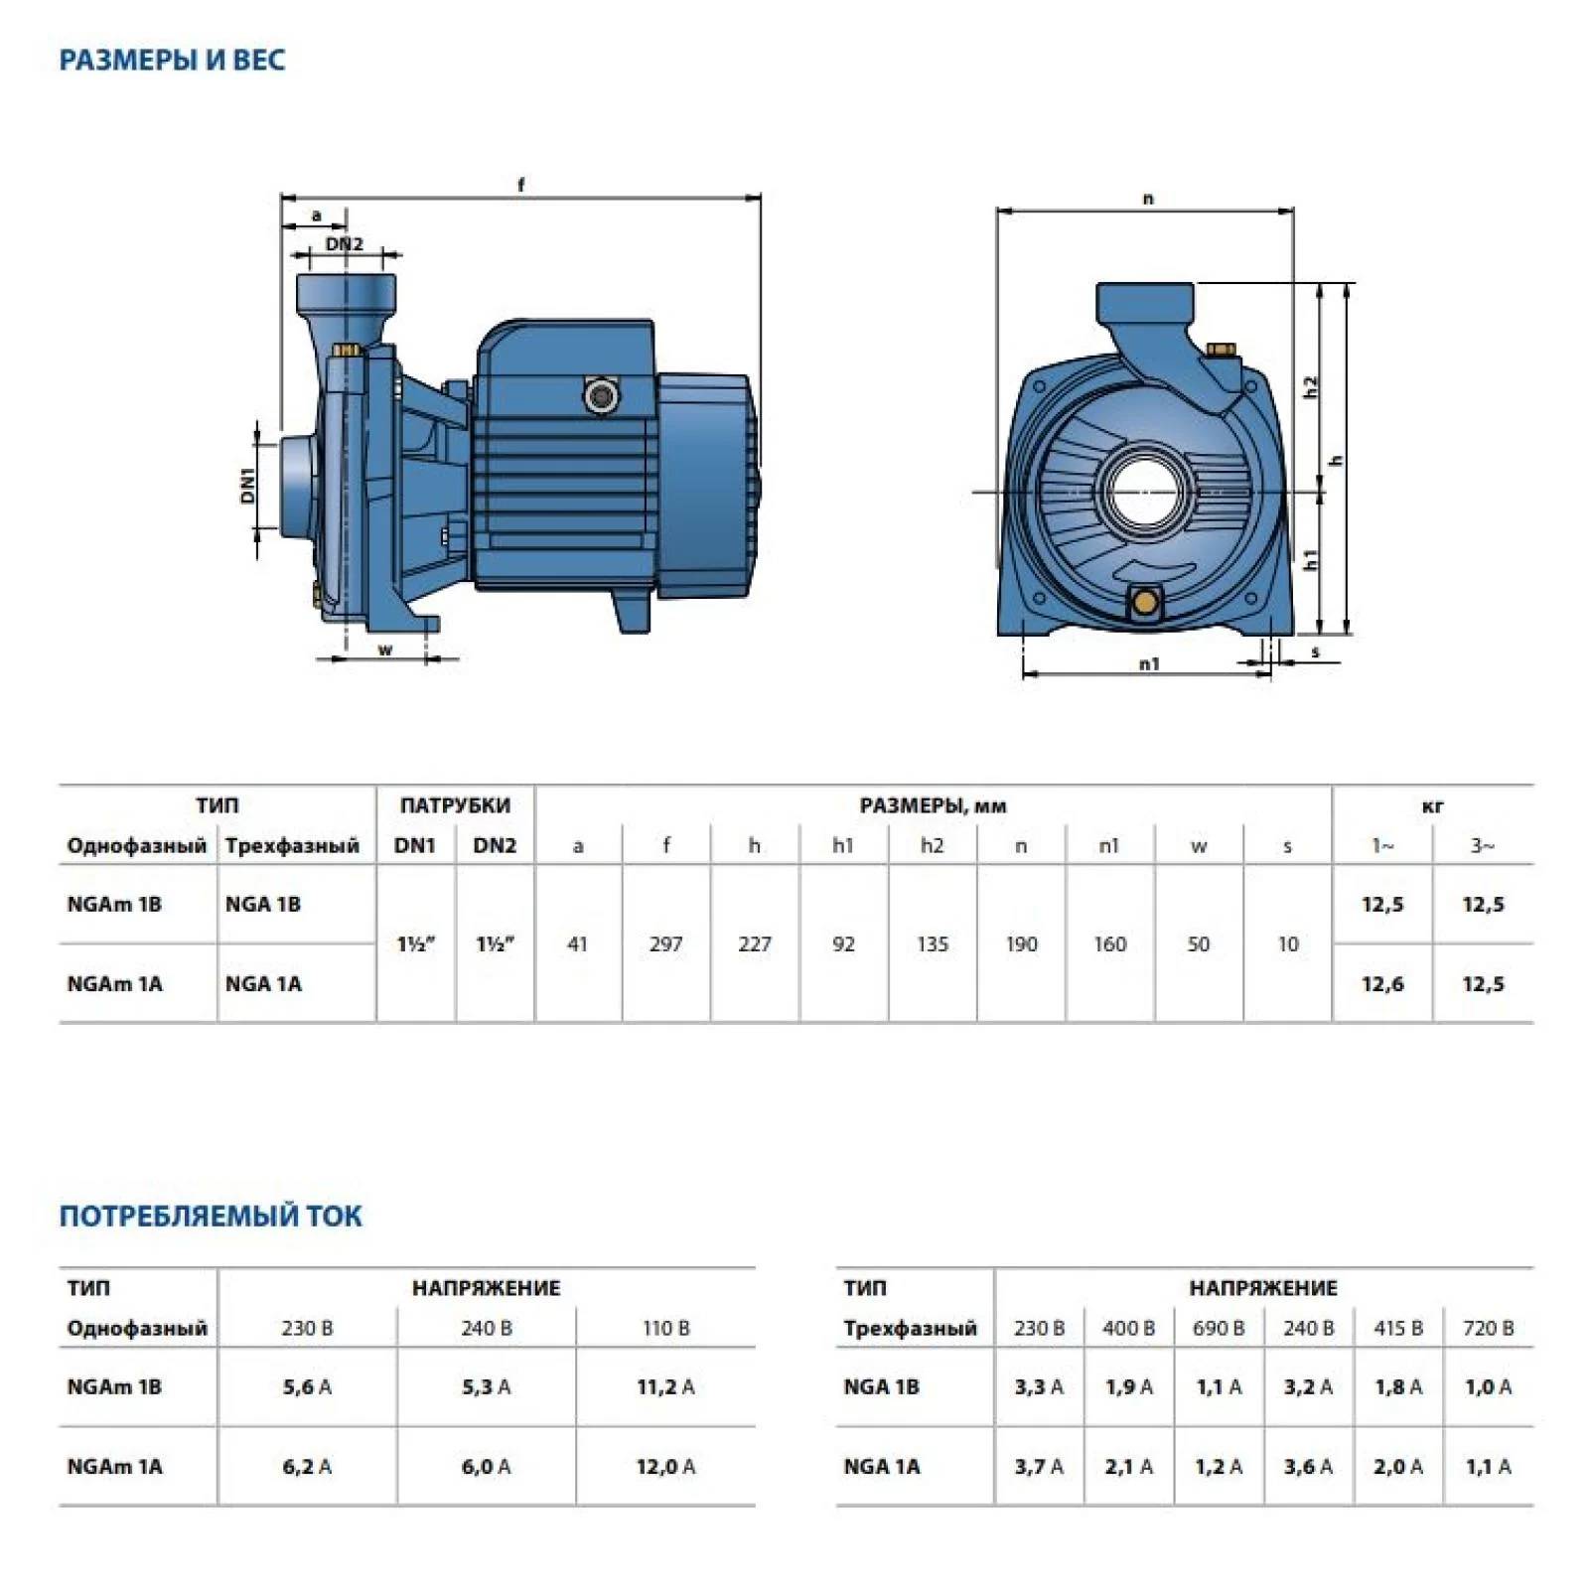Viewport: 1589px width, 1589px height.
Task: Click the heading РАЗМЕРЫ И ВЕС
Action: [x=172, y=60]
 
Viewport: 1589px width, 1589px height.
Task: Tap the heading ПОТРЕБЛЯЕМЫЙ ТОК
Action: [x=211, y=1216]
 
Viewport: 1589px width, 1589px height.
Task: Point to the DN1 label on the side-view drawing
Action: [x=248, y=485]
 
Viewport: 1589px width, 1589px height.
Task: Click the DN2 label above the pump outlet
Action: [x=345, y=243]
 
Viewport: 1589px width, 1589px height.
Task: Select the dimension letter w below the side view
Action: [x=385, y=650]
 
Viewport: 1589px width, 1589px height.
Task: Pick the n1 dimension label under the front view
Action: [x=1149, y=663]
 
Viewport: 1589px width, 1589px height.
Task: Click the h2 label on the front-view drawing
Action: [x=1312, y=386]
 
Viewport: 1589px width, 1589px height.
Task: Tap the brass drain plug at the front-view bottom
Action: [x=1146, y=600]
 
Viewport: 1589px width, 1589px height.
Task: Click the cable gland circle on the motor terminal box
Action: [x=601, y=396]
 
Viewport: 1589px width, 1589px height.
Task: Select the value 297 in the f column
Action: [x=665, y=943]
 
